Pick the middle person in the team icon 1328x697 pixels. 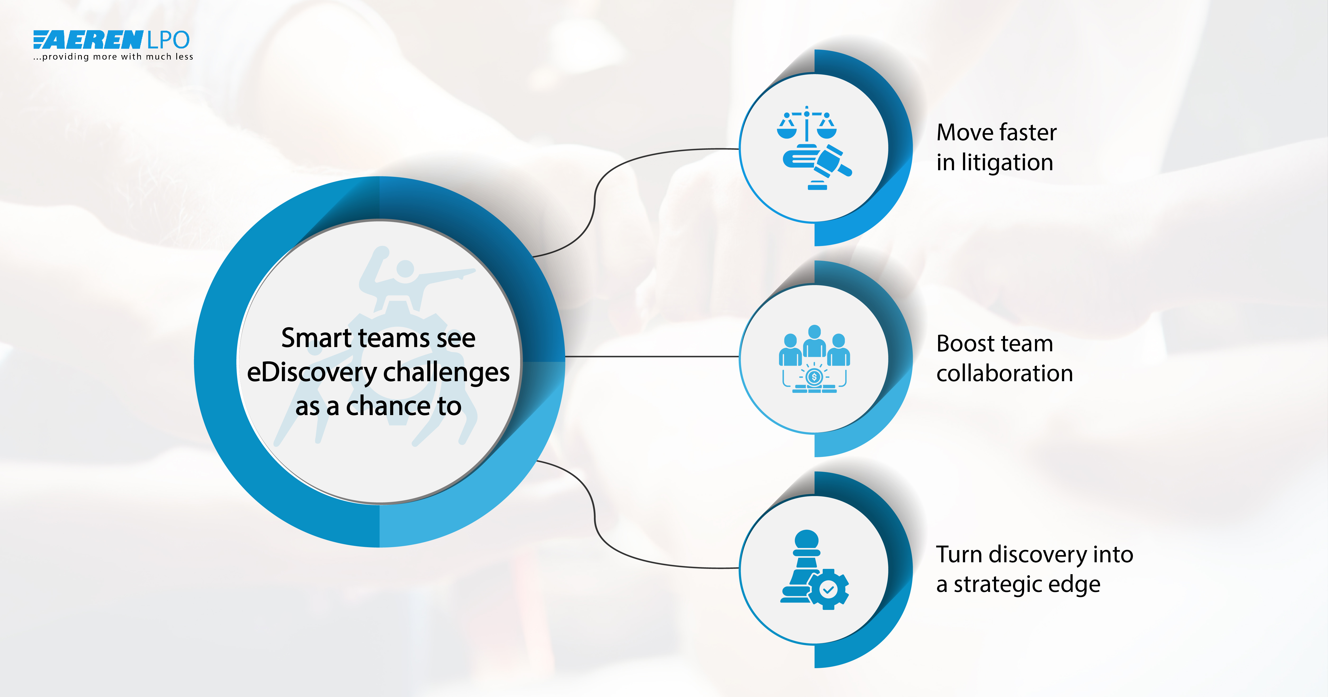pyautogui.click(x=814, y=340)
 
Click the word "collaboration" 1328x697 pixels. pyautogui.click(x=1004, y=373)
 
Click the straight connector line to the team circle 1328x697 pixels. pyautogui.click(x=652, y=356)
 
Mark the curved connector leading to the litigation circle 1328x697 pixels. pyautogui.click(x=595, y=201)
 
